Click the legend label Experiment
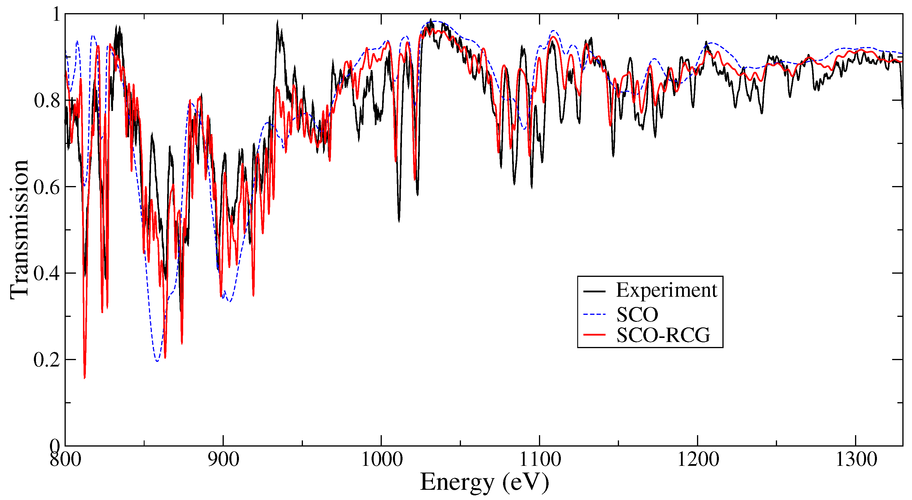666,291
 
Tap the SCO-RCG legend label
663,335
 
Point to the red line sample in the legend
595,334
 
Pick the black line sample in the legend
595,291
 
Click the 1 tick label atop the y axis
56,15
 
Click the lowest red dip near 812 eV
84,378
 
